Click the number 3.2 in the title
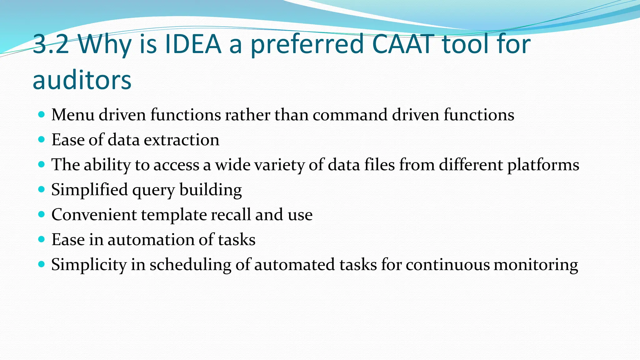(51, 44)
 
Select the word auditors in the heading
(82, 80)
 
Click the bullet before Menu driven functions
(41, 114)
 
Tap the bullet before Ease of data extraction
(41, 139)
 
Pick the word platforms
(543, 165)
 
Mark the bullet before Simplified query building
(41, 189)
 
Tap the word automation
(151, 240)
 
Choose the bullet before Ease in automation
(41, 239)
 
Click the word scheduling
(190, 265)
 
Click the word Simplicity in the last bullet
(89, 265)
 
